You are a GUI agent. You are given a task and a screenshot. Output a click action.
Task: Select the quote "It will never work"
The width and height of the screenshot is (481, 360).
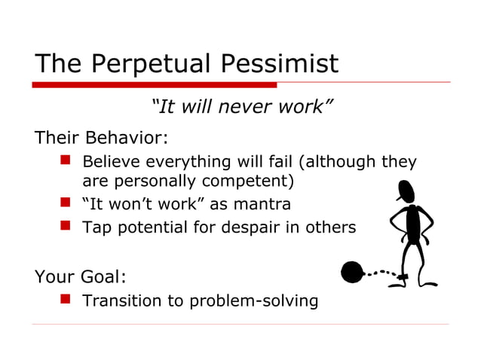coord(241,108)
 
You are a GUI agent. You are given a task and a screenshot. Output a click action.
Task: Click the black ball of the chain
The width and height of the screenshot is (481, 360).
coord(352,272)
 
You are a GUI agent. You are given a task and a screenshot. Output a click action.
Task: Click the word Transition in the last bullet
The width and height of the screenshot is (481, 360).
coord(120,301)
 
